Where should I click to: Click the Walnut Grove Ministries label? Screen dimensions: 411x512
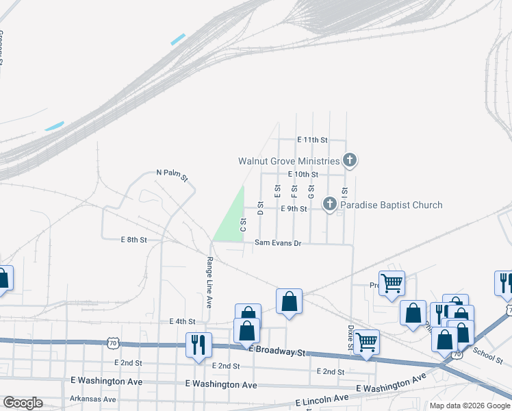pyautogui.click(x=288, y=162)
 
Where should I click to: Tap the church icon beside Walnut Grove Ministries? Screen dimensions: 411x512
pyautogui.click(x=350, y=162)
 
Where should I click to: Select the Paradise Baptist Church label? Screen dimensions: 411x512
pyautogui.click(x=392, y=205)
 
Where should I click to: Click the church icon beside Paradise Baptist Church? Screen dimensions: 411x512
pyautogui.click(x=330, y=204)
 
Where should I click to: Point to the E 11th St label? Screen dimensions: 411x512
pyautogui.click(x=313, y=140)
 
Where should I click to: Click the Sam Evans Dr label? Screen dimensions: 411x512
pyautogui.click(x=278, y=243)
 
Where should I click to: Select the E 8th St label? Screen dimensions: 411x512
pyautogui.click(x=134, y=240)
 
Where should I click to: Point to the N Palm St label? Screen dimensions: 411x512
pyautogui.click(x=172, y=175)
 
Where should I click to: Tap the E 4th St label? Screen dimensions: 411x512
pyautogui.click(x=182, y=321)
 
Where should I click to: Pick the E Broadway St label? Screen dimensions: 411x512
pyautogui.click(x=278, y=350)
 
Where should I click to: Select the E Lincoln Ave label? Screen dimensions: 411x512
pyautogui.click(x=322, y=400)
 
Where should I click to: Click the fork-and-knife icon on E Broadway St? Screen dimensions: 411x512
pyautogui.click(x=199, y=344)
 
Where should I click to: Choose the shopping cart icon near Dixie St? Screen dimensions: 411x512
pyautogui.click(x=367, y=341)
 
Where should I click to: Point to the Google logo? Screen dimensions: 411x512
pyautogui.click(x=23, y=403)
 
